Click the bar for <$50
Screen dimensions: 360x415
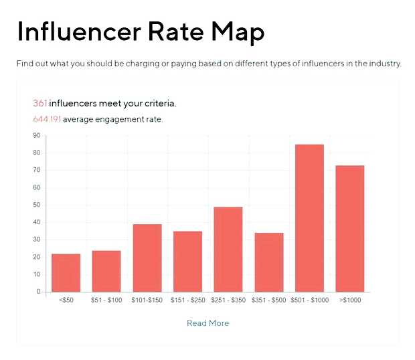coord(66,273)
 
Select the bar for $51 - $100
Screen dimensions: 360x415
coord(106,271)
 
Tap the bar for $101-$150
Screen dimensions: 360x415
coord(147,258)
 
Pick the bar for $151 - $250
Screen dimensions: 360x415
coord(187,262)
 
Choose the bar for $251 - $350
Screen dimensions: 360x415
coord(228,250)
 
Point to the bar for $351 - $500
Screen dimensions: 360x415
coord(269,262)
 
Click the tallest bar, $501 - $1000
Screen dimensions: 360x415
coord(309,218)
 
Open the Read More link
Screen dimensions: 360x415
coord(207,323)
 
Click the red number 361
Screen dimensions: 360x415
coord(40,104)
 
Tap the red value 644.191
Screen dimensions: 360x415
coord(47,120)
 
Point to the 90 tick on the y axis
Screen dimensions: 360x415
coord(36,136)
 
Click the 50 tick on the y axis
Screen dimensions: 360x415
coord(36,205)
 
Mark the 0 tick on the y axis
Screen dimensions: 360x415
coord(38,292)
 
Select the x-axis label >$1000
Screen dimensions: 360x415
coord(350,300)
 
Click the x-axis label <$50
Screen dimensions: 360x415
coord(66,300)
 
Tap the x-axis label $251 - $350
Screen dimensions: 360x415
coord(228,300)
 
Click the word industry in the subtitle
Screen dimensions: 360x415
coord(384,64)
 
